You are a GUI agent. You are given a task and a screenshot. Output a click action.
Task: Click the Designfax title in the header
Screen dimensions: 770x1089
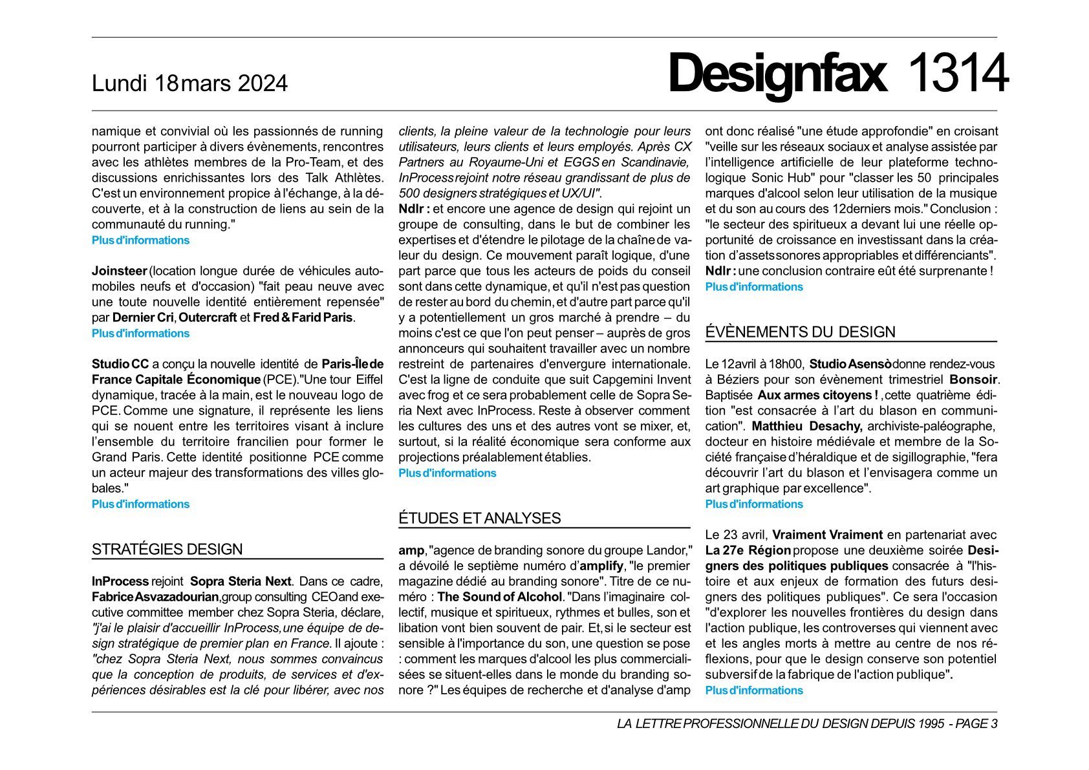click(x=777, y=74)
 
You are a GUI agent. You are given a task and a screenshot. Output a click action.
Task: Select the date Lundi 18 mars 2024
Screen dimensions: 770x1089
click(x=189, y=83)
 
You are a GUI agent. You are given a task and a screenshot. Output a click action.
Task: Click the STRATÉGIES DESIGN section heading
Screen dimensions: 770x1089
click(x=167, y=550)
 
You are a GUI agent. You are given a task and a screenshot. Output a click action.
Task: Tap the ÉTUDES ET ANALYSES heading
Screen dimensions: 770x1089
click(x=479, y=519)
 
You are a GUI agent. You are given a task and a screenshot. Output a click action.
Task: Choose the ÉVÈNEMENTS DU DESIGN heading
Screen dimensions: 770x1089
click(x=800, y=332)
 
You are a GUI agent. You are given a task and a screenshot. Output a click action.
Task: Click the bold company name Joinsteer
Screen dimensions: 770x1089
click(x=120, y=271)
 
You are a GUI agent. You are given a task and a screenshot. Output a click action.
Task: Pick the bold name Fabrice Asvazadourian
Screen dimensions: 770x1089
click(x=155, y=597)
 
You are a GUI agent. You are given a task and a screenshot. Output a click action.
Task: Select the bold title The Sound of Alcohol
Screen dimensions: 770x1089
click(x=500, y=597)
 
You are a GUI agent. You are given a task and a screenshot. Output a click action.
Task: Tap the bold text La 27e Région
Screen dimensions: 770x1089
click(x=748, y=550)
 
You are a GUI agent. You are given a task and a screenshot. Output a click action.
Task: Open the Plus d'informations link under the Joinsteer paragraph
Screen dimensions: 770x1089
click(x=140, y=334)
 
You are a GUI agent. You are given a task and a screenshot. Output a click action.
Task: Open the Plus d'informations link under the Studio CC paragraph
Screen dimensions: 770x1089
click(x=140, y=504)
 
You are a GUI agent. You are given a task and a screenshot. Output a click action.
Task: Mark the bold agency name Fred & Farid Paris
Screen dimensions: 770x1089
click(x=303, y=317)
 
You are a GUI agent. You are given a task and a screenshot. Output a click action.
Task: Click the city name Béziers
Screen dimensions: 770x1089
click(x=734, y=380)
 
